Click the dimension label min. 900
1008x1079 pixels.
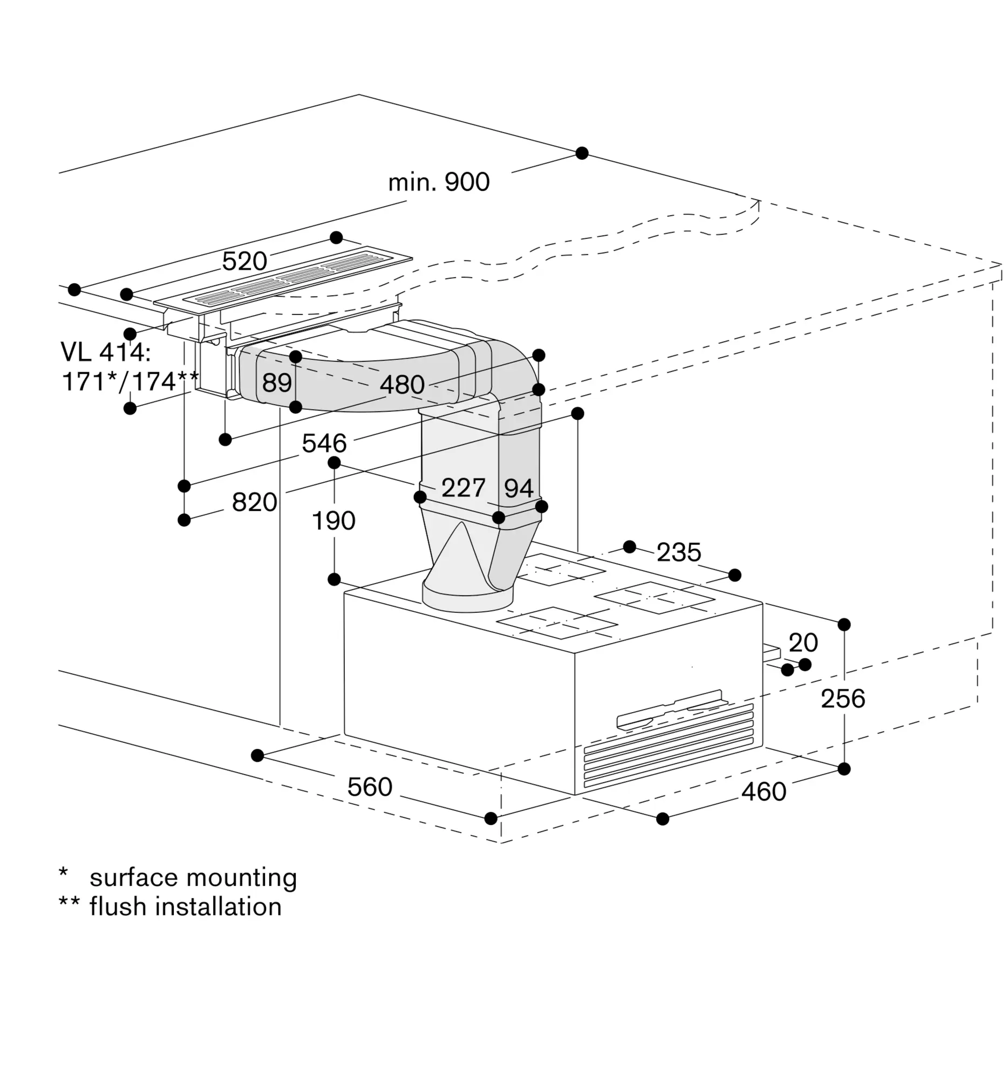439,182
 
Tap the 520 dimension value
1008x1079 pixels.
244,262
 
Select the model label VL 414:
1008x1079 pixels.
105,352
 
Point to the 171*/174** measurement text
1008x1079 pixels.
130,381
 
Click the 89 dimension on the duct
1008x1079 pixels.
277,383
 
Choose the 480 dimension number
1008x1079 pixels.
401,384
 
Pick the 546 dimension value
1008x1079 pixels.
324,443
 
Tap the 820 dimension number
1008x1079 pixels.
255,502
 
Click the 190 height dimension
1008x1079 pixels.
333,520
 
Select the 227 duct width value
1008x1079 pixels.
463,487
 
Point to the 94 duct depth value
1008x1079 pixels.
519,488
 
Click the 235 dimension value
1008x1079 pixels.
678,552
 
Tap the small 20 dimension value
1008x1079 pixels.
803,643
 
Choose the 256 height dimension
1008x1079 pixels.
842,699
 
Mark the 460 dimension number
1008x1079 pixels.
764,792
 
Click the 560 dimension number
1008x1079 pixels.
370,787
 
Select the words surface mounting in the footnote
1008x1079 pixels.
193,878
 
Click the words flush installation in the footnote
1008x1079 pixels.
186,907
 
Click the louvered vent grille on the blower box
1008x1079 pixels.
669,745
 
